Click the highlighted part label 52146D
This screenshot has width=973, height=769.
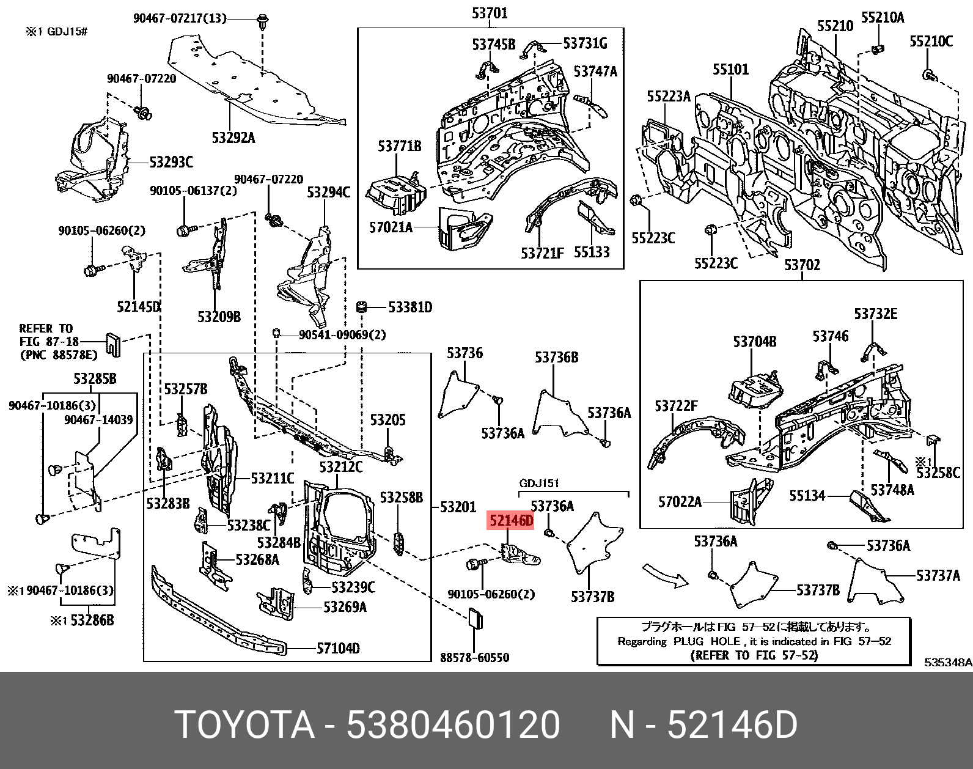point(510,521)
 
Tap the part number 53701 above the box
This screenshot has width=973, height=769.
point(490,13)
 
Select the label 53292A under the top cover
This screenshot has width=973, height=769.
point(233,138)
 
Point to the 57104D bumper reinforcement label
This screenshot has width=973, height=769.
point(338,648)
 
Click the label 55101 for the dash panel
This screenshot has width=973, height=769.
point(730,69)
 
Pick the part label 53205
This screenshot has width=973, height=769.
point(387,420)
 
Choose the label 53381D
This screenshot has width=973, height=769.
point(410,307)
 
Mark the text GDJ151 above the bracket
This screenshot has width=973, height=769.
point(539,483)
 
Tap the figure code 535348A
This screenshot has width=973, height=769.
point(947,662)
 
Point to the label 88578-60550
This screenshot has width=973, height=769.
point(474,658)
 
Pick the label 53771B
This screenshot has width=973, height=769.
point(399,146)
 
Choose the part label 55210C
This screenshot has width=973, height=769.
point(931,41)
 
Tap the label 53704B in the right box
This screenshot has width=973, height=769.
point(755,341)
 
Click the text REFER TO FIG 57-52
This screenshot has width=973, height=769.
point(754,655)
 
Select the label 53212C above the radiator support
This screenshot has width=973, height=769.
point(340,467)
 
